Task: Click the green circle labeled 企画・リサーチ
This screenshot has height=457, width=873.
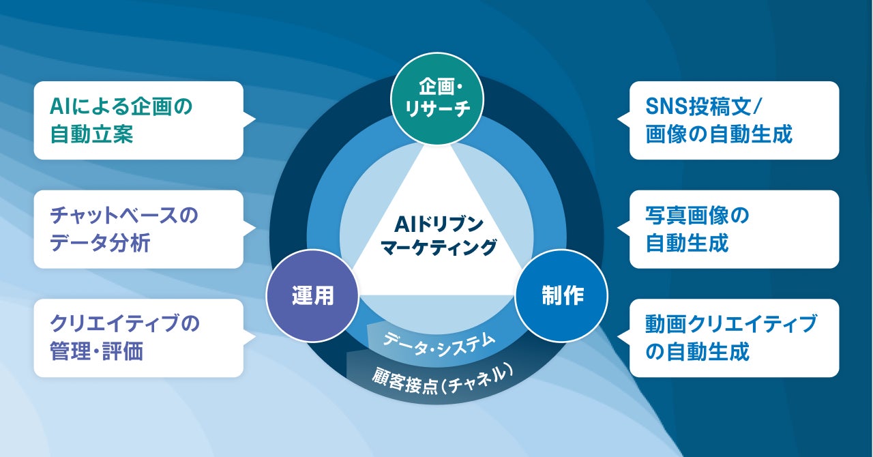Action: (436, 99)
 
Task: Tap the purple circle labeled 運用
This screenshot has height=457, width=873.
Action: (312, 295)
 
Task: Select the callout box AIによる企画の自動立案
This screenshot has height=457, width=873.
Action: (138, 121)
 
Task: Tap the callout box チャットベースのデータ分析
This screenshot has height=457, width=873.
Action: (138, 229)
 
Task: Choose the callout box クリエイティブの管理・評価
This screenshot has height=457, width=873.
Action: (138, 338)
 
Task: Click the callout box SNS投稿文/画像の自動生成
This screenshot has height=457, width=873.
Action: (734, 121)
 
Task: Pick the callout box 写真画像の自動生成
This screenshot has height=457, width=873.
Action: (734, 229)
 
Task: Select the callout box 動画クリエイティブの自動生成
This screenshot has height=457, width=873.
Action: (734, 338)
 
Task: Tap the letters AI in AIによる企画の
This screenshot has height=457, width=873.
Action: (60, 106)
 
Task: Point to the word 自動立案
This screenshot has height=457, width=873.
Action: (91, 134)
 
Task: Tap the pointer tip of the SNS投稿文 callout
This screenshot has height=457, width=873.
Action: (619, 119)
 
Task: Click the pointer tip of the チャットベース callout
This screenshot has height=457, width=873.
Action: (254, 228)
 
